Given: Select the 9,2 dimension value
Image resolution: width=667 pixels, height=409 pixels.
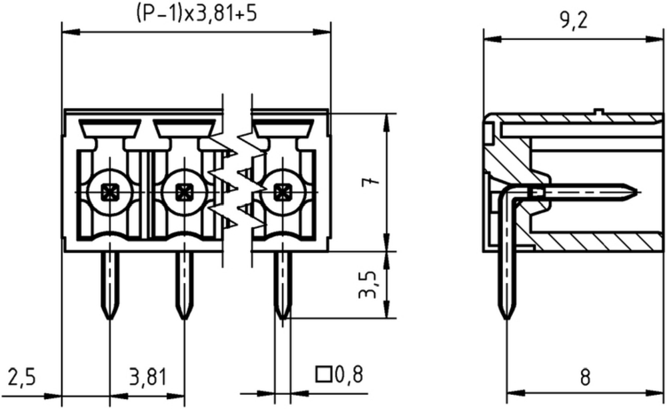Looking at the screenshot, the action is (x=574, y=20).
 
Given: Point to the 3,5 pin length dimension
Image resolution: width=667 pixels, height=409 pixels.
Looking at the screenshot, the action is (x=368, y=284).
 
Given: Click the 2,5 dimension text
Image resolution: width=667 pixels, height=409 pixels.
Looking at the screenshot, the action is (x=21, y=378).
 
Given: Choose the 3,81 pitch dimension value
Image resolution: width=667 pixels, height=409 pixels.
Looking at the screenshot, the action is (x=147, y=378).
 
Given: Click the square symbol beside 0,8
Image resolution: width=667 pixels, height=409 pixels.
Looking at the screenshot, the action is (x=323, y=374).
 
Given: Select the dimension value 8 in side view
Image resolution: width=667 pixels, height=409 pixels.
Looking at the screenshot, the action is (x=586, y=378).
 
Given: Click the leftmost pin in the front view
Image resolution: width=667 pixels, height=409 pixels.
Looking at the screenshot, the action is (x=110, y=285).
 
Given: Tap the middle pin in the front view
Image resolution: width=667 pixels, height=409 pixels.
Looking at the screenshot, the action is (x=184, y=285).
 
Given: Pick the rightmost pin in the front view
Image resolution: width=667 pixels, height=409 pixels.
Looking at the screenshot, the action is (x=282, y=285).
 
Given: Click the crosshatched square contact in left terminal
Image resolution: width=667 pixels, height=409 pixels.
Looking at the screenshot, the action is (x=110, y=192).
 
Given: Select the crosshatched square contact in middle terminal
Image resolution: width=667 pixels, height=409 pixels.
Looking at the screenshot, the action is (x=184, y=192).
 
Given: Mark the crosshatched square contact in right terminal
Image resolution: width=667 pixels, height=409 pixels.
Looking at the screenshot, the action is (x=281, y=192).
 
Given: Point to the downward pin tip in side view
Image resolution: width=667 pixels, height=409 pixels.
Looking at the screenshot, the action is (x=507, y=318).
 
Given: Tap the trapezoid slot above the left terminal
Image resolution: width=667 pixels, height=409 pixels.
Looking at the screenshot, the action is (x=110, y=129).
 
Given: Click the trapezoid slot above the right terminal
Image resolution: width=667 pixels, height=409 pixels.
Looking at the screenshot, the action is (x=282, y=129).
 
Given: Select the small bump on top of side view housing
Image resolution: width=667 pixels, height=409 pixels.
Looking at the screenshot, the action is (x=598, y=112).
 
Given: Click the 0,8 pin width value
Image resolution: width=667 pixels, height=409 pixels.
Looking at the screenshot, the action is (x=349, y=374).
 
